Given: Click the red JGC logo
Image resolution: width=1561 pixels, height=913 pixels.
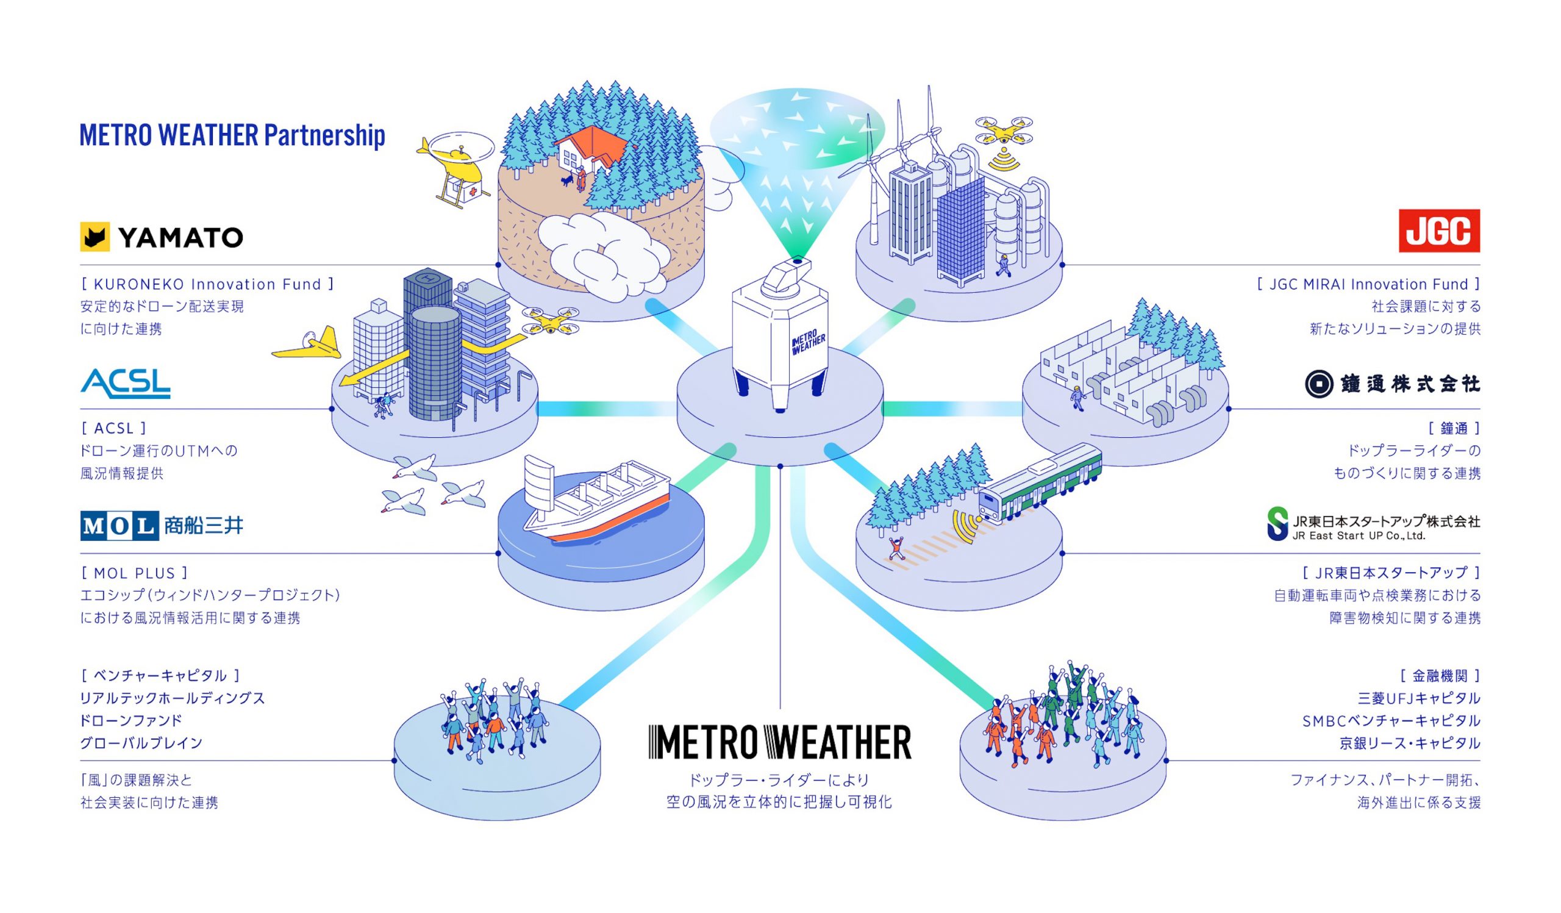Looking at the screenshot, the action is tap(1439, 231).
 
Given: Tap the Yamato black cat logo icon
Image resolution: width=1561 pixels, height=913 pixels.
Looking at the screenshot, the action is tap(95, 237).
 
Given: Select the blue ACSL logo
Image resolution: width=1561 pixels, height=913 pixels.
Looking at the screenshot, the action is tap(126, 384).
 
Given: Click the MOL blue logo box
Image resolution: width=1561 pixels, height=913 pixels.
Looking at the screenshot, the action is tap(120, 526).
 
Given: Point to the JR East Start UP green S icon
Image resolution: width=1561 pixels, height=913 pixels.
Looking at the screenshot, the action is tap(1278, 524).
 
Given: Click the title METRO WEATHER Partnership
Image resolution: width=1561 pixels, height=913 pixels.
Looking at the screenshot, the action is tap(232, 135).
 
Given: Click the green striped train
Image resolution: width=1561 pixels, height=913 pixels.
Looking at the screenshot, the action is tap(1041, 482).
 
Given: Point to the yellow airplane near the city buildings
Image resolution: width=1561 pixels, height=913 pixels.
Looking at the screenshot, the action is tap(308, 345).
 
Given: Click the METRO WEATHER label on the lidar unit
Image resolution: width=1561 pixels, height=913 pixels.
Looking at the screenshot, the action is tap(809, 342).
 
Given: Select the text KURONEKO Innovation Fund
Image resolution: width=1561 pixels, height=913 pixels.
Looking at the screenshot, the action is tap(207, 284).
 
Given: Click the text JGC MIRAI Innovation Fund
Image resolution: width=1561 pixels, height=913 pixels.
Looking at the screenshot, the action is tap(1368, 284).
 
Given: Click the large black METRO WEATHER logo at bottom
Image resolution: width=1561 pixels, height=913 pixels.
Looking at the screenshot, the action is tap(780, 742).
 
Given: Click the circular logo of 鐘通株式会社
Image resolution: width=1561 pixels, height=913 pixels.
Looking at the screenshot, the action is tap(1319, 384).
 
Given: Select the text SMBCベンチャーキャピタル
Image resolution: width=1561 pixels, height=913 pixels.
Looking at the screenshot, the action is tap(1391, 721).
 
